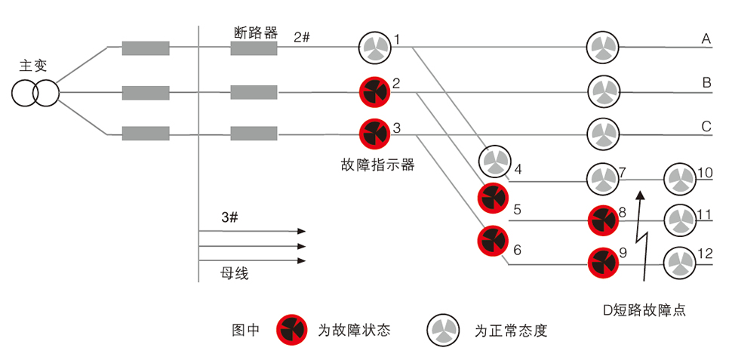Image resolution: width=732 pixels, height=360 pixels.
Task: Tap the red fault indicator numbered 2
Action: point(374,92)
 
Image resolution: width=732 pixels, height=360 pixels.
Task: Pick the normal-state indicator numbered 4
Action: point(494,161)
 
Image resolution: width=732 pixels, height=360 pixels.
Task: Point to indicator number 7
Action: point(602,178)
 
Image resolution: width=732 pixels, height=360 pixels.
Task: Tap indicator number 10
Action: point(678,178)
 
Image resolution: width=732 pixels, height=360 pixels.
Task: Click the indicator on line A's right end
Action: point(603,48)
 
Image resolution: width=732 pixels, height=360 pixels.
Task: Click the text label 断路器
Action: point(256,32)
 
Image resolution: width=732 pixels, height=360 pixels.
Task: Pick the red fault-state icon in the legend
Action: point(292,330)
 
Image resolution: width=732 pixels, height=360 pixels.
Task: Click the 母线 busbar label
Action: point(234,274)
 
